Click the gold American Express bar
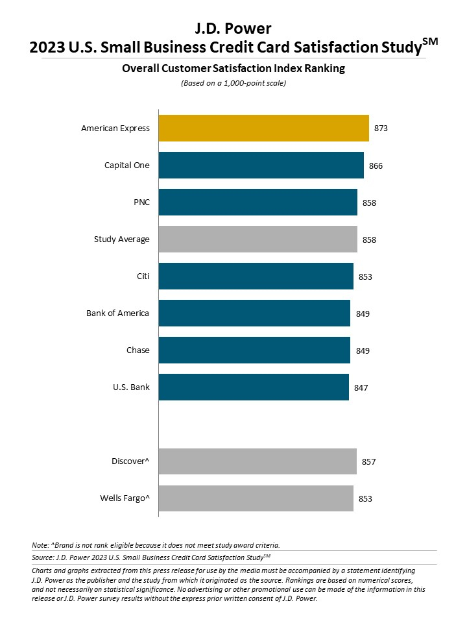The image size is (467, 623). (x=263, y=128)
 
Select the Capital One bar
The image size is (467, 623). (x=261, y=165)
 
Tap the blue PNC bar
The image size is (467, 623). (x=257, y=202)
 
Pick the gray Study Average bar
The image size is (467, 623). (x=257, y=239)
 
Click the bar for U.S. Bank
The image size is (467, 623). (x=254, y=387)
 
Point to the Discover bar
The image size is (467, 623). (x=257, y=461)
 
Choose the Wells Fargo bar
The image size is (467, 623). (x=256, y=498)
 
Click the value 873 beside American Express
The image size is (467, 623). (x=381, y=128)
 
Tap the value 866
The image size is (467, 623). (x=376, y=165)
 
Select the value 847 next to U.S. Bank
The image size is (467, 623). (x=361, y=387)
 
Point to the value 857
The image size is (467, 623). (x=369, y=462)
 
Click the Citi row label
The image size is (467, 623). (x=143, y=276)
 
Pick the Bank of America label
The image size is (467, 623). (x=117, y=313)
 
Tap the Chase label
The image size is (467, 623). (x=138, y=350)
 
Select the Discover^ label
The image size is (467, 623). (x=130, y=461)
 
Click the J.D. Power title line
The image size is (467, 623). (x=233, y=28)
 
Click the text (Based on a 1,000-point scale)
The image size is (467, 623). (x=233, y=83)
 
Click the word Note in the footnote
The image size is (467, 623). (x=40, y=544)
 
